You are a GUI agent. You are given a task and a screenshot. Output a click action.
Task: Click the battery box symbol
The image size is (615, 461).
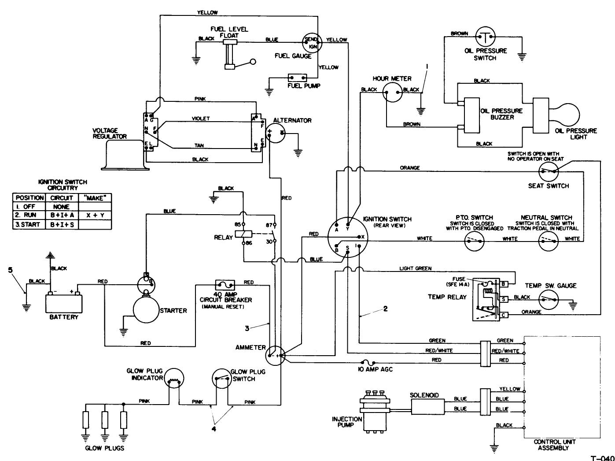tap(64, 304)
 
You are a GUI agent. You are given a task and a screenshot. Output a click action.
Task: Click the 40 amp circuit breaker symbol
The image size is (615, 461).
tap(225, 285)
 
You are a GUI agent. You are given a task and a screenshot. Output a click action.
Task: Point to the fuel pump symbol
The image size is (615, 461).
tap(297, 78)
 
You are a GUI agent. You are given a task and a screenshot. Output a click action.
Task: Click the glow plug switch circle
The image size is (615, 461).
tap(221, 379)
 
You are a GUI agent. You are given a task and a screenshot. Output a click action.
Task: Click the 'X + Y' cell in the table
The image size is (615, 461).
tap(95, 215)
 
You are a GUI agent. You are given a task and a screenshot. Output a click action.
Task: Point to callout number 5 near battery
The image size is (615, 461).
tap(10, 270)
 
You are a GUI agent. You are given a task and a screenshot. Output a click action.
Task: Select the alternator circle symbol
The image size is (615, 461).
tap(276, 133)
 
